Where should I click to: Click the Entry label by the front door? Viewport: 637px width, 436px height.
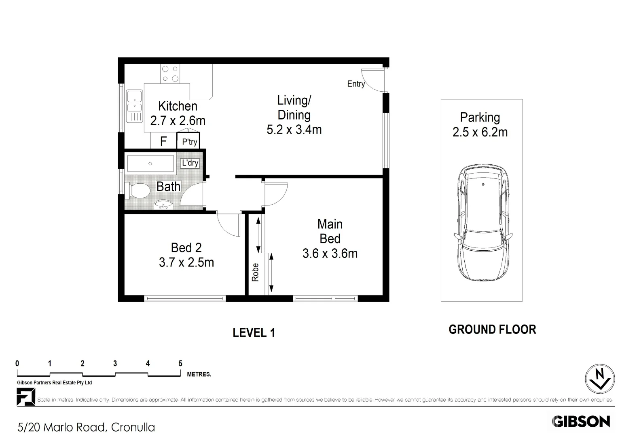click(356, 84)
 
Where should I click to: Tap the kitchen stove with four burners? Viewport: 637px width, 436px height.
click(170, 74)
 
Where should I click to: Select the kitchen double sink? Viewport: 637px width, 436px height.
click(134, 106)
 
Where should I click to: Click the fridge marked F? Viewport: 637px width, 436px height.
click(163, 141)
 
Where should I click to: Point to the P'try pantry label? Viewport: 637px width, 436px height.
click(189, 141)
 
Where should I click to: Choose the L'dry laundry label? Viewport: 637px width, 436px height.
click(190, 163)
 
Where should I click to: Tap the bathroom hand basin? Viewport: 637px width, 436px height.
click(163, 205)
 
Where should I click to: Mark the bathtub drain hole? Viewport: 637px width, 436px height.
click(150, 163)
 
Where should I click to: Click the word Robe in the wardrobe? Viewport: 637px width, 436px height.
click(255, 272)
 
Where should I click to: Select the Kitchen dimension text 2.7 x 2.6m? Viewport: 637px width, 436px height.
click(178, 121)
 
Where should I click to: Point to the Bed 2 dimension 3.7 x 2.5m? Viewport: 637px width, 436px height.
click(186, 262)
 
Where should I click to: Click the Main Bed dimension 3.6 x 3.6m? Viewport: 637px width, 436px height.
click(330, 254)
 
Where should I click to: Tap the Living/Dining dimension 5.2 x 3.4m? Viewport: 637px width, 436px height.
click(294, 130)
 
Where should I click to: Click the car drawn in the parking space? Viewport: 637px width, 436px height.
click(483, 222)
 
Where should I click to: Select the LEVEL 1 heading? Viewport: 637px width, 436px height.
click(254, 333)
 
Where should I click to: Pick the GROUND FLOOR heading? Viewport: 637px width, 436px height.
click(492, 329)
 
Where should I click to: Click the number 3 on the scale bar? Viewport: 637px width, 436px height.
click(115, 363)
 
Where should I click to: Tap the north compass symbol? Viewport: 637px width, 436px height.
click(600, 379)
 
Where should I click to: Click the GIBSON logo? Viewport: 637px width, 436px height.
click(581, 421)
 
